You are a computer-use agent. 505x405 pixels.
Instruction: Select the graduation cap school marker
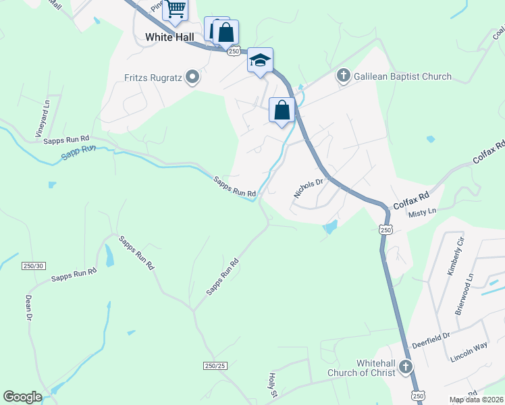pos(260,61)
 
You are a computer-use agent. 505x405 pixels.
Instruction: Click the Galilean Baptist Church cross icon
pos(344,76)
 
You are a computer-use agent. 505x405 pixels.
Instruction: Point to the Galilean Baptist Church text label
pos(403,76)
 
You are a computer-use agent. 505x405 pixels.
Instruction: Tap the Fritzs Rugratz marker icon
pos(192,77)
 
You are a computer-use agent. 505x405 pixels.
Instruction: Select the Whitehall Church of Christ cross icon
pos(405,367)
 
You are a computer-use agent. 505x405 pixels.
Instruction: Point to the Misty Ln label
pos(423,212)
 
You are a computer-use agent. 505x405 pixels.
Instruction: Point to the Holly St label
pos(274,385)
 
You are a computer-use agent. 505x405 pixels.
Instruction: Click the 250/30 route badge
pos(32,266)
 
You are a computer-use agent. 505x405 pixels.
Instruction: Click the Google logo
pos(22,397)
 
